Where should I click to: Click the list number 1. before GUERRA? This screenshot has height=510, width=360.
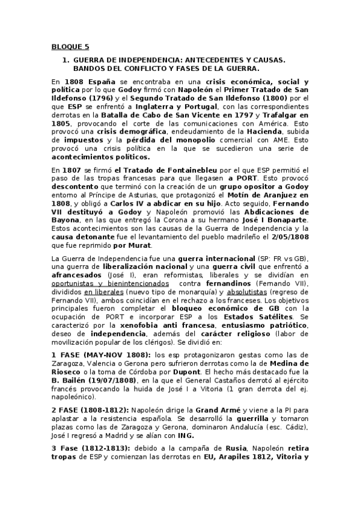[x=66, y=60]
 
